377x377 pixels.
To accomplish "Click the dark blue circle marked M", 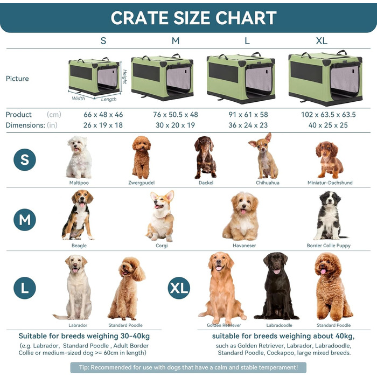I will point(25,220).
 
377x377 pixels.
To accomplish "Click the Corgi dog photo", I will point(161,215).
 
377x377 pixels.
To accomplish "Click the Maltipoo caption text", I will point(79,183).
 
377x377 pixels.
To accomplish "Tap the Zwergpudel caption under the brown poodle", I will point(142,183).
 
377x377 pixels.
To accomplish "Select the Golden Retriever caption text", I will point(224,325).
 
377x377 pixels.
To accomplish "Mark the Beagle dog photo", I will point(79,214).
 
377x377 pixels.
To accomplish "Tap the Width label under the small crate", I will point(78,99).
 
